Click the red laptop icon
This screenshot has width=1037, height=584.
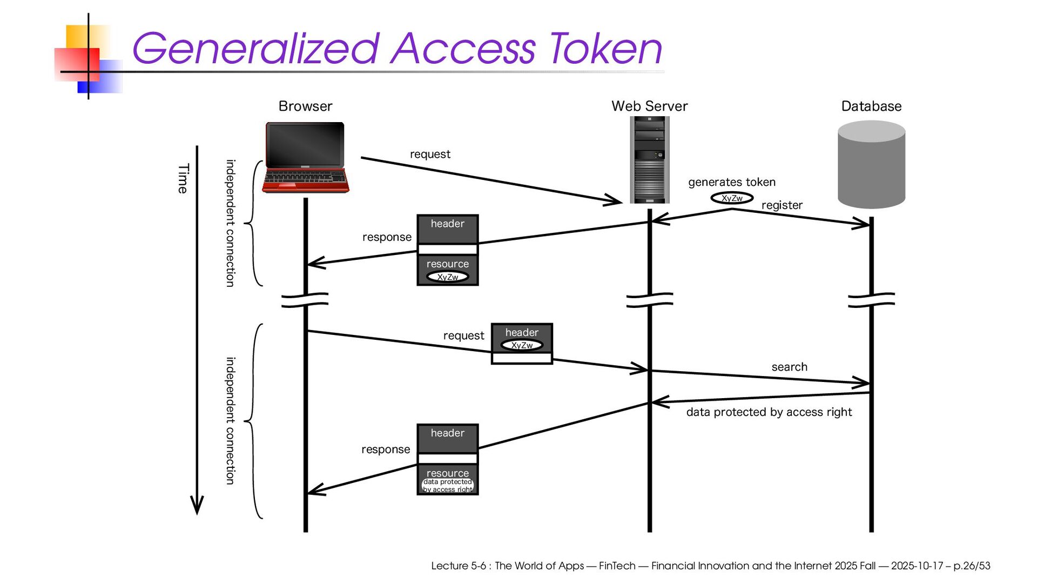(x=305, y=157)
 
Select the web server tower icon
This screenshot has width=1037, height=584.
(x=649, y=160)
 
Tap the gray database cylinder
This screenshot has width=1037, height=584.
(x=871, y=164)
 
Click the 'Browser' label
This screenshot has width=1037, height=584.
(x=305, y=106)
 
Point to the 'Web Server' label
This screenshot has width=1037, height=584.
(x=649, y=106)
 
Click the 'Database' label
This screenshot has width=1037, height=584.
(x=871, y=106)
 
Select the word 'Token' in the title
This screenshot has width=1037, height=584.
(x=605, y=49)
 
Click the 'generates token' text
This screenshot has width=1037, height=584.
(x=731, y=182)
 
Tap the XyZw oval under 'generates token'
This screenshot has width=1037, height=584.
(x=732, y=198)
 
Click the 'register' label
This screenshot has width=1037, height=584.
(x=782, y=205)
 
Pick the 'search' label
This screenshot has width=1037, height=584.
(x=789, y=367)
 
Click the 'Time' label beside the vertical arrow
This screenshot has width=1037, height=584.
(x=183, y=178)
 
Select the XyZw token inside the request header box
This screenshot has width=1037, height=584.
(x=522, y=345)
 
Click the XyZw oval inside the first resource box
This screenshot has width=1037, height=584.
(x=447, y=277)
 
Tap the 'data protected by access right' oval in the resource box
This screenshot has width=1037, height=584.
(x=447, y=486)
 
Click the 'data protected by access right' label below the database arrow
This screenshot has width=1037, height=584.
(x=769, y=412)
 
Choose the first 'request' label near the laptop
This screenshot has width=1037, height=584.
(x=430, y=154)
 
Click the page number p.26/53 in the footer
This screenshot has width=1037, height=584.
(x=972, y=566)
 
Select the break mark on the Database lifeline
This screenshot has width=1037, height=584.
(x=871, y=300)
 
